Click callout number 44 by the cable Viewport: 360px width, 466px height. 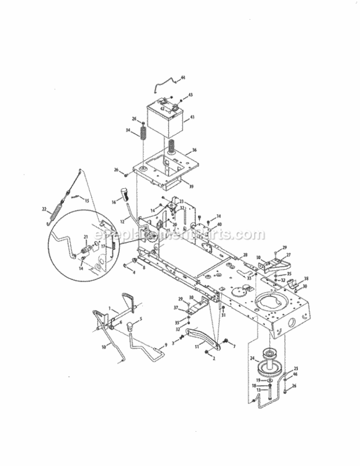[x=183, y=78]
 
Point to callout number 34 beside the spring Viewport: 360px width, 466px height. [x=128, y=131]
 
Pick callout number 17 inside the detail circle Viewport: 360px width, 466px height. [x=103, y=247]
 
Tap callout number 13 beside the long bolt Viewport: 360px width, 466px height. [x=259, y=390]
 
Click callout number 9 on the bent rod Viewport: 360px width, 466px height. [x=166, y=345]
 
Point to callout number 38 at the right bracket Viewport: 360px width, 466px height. [x=306, y=278]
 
